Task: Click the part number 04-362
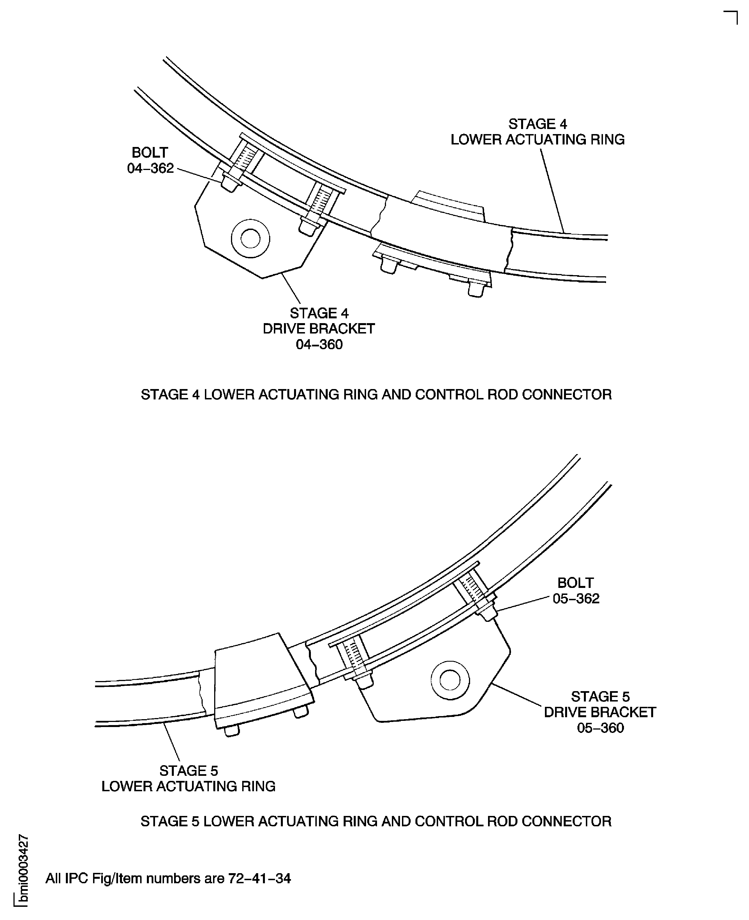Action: click(150, 168)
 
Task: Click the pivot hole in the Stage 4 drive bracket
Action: click(250, 239)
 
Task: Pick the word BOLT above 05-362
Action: click(575, 583)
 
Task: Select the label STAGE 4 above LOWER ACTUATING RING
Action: click(538, 124)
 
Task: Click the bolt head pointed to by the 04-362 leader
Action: click(230, 183)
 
